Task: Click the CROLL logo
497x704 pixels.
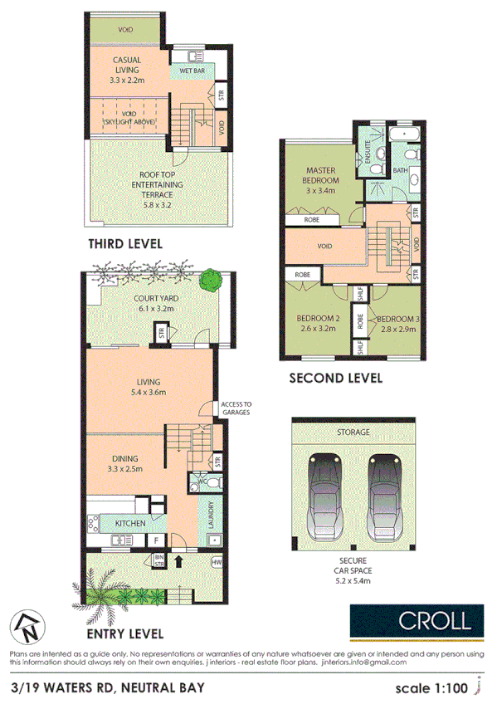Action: click(x=416, y=619)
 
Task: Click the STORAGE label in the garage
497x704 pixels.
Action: click(x=353, y=433)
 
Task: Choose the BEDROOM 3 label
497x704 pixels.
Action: click(x=393, y=323)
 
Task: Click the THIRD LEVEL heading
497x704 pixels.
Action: click(x=124, y=244)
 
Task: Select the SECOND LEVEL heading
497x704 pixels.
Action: click(x=335, y=378)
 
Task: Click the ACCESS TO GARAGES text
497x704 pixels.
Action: click(x=236, y=408)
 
